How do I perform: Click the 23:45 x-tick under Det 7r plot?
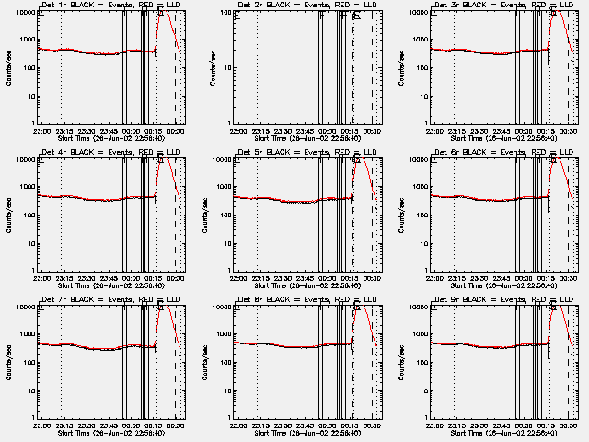pyautogui.click(x=109, y=425)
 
